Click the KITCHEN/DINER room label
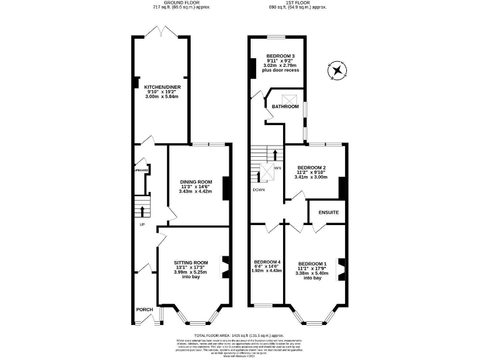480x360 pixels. (x=162, y=87)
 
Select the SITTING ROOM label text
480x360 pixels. (x=191, y=262)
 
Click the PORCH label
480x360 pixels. (x=144, y=309)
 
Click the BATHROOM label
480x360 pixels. (x=284, y=107)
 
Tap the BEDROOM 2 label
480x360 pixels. (x=311, y=168)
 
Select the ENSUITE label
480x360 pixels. (x=329, y=212)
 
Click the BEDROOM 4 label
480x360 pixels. (x=267, y=262)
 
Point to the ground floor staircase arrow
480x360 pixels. (x=142, y=211)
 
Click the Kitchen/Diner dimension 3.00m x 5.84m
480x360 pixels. (x=162, y=97)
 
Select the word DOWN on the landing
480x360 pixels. (x=259, y=189)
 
